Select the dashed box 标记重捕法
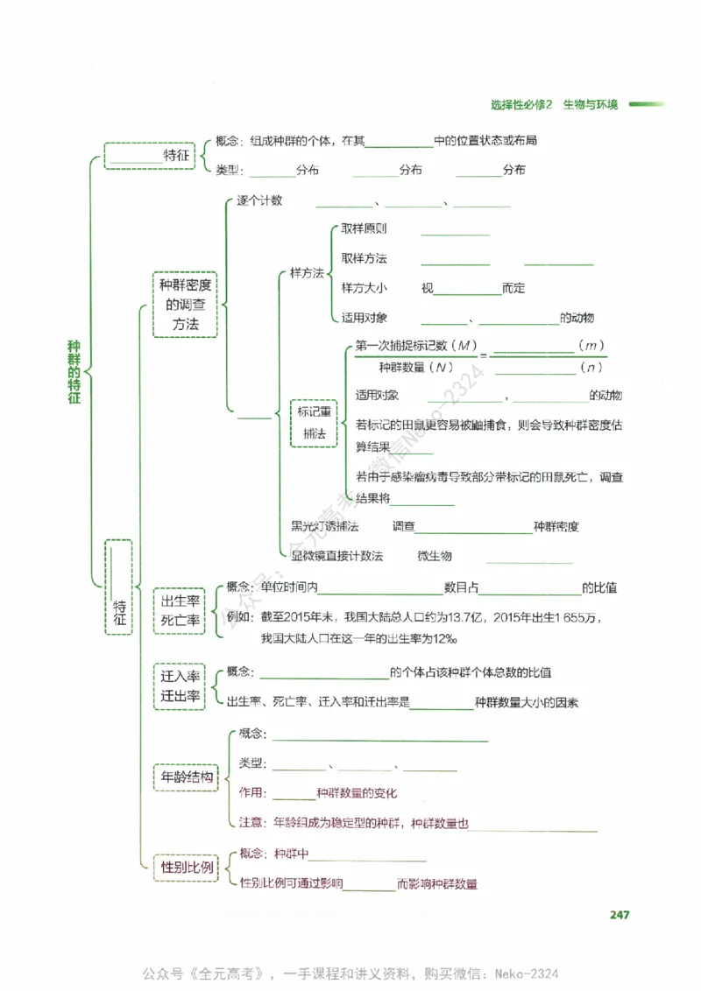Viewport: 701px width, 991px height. pyautogui.click(x=315, y=422)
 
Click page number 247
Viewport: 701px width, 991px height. pyautogui.click(x=620, y=915)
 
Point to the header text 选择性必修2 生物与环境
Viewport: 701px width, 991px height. pyautogui.click(x=554, y=105)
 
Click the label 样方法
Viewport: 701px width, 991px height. pyautogui.click(x=307, y=273)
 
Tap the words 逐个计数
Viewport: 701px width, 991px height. pyautogui.click(x=259, y=200)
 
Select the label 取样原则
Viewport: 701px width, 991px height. pyautogui.click(x=365, y=229)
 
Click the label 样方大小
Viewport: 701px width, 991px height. pyautogui.click(x=365, y=288)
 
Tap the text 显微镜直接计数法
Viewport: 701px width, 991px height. pyautogui.click(x=336, y=556)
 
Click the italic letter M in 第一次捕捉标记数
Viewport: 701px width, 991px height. pyautogui.click(x=464, y=345)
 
